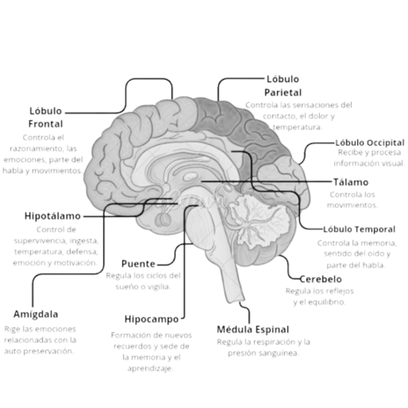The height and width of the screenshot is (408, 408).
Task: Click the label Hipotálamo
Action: click(x=53, y=216)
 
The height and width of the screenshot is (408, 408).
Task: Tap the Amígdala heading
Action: click(x=36, y=314)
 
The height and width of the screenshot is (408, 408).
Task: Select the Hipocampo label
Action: click(x=151, y=319)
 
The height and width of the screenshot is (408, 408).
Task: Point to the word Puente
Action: click(x=138, y=264)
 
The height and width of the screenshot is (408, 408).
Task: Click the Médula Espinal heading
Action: click(x=253, y=330)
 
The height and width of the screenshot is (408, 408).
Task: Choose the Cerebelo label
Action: click(x=321, y=279)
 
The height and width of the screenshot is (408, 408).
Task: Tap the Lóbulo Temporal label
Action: click(x=359, y=229)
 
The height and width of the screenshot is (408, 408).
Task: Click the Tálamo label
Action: click(x=351, y=182)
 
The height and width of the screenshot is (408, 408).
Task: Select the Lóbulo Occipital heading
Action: click(x=370, y=143)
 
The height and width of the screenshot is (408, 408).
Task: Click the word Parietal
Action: click(x=283, y=92)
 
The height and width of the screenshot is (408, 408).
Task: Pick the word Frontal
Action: click(x=46, y=124)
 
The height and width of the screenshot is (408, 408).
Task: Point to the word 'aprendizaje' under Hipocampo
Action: click(x=150, y=369)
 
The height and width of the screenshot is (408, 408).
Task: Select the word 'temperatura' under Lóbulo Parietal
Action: click(x=297, y=127)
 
